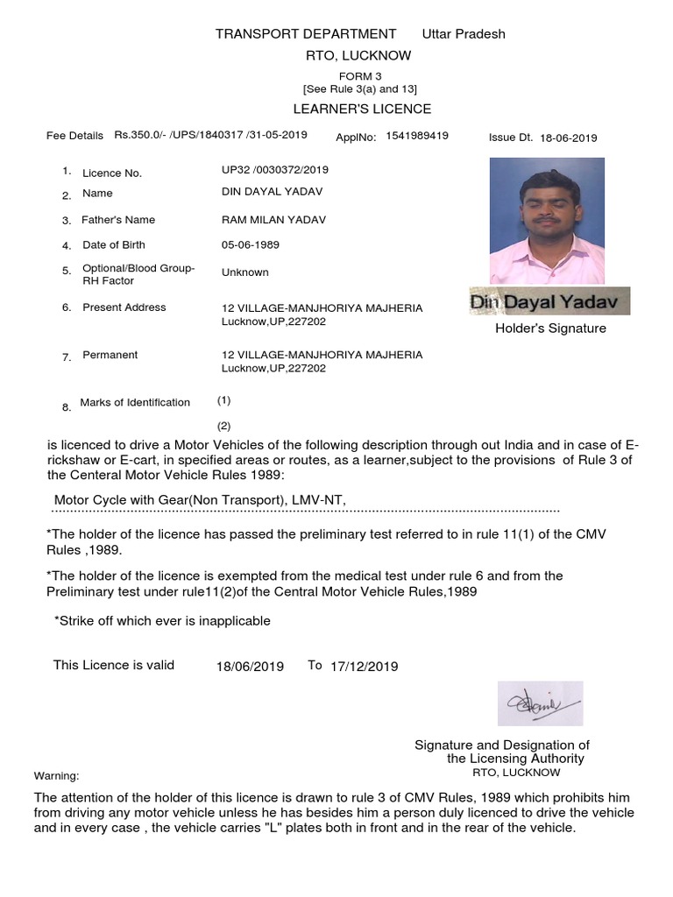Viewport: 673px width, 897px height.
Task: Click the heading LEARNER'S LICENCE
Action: [361, 109]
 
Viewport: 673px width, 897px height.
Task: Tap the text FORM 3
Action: [361, 76]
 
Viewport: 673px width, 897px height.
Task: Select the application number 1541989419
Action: [417, 136]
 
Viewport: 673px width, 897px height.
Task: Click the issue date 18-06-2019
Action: [569, 138]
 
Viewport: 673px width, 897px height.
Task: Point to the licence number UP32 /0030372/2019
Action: [275, 169]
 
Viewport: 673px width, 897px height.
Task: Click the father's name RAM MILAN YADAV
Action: [274, 220]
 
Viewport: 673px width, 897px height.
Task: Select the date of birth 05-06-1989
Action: [251, 245]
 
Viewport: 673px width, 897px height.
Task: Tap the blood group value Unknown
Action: [245, 272]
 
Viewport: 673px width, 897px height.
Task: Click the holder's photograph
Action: [547, 220]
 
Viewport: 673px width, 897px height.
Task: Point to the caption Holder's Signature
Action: [550, 328]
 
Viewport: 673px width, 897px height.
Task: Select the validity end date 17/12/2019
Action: [365, 667]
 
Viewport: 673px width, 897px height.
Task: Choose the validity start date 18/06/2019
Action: [250, 667]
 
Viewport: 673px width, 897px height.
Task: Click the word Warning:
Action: [56, 776]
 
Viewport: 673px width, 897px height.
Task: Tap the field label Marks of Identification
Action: [135, 403]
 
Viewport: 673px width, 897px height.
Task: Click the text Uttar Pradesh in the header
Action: [464, 34]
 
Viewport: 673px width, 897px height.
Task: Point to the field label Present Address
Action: [124, 307]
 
